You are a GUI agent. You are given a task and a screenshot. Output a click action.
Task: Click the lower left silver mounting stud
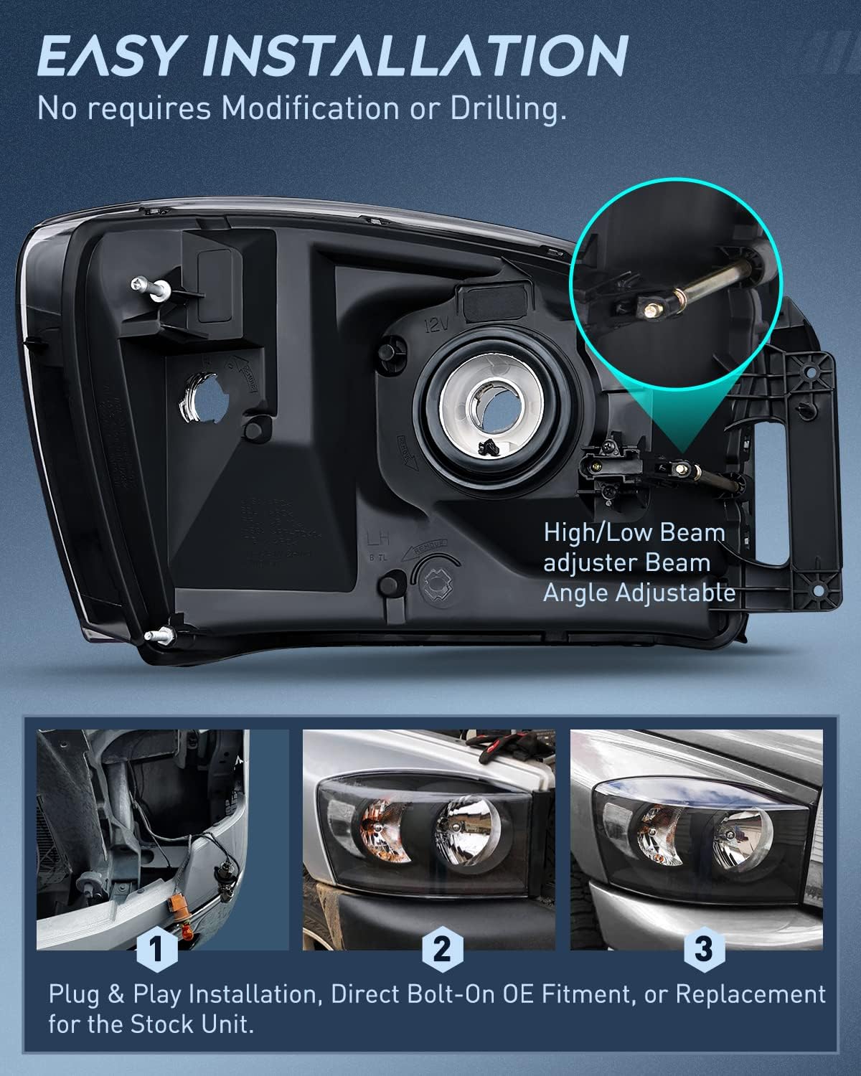[x=159, y=634]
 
